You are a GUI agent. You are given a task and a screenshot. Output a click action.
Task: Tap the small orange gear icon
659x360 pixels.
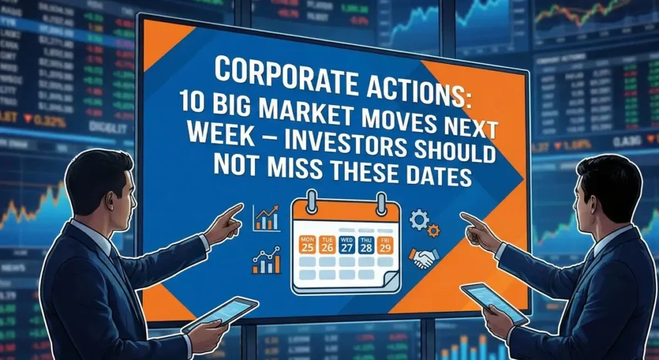434,229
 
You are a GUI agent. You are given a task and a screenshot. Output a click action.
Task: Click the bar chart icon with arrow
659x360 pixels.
266,218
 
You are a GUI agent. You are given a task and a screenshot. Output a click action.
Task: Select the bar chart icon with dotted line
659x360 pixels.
266,260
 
